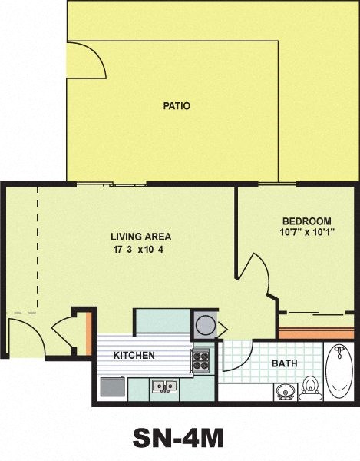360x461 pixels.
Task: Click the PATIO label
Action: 176,106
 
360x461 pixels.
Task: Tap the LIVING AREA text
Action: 140,237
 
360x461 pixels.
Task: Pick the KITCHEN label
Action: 134,356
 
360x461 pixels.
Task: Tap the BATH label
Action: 284,363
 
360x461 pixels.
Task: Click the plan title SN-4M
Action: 178,437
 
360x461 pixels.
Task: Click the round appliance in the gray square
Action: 205,323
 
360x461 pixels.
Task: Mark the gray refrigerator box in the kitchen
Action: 111,386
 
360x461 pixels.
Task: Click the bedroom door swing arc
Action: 254,275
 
